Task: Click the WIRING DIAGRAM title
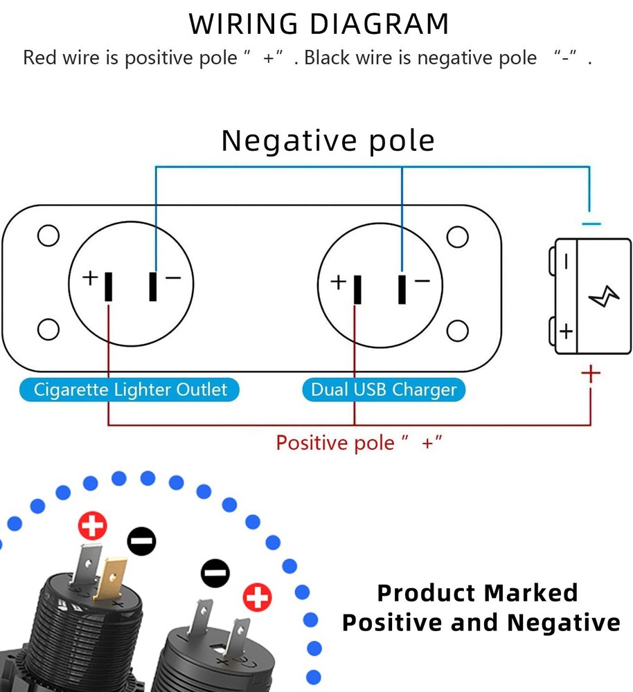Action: click(x=319, y=24)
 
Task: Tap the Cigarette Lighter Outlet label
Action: click(x=130, y=390)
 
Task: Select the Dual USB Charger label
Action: click(x=384, y=390)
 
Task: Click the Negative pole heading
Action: click(x=328, y=140)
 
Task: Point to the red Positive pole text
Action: click(x=359, y=442)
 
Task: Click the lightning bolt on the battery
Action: click(x=604, y=298)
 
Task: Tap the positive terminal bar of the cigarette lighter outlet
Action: click(x=109, y=287)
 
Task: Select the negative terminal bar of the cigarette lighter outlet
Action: click(x=153, y=286)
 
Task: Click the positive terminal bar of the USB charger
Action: click(x=357, y=289)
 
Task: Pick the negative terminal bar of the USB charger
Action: click(x=402, y=289)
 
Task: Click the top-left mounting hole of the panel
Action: click(x=48, y=236)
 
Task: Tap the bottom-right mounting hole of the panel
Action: click(x=457, y=331)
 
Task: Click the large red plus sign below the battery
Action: click(x=590, y=374)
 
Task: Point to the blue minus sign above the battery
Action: click(x=591, y=224)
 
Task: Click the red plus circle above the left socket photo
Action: click(x=92, y=526)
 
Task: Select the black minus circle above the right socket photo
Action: click(x=215, y=574)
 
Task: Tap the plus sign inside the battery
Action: click(x=567, y=331)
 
